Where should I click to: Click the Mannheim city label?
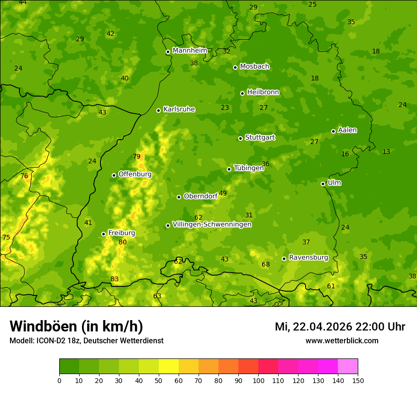coord(190,51)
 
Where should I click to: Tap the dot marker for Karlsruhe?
coord(158,110)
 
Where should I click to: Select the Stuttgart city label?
coord(260,138)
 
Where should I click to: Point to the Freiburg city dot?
coord(103,234)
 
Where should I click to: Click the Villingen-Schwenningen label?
coord(212,224)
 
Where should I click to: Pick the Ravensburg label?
coord(308,258)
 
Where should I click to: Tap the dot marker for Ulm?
coord(323,184)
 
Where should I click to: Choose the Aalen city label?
coord(347,130)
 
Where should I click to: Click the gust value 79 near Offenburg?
coord(136,157)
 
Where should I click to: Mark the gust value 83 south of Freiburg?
coord(115,279)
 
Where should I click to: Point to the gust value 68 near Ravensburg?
coord(266,264)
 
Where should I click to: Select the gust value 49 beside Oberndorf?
coord(223,193)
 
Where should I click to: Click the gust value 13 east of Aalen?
coord(386,152)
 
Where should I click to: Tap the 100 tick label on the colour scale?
coord(258,380)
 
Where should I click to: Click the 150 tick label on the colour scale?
coord(358,380)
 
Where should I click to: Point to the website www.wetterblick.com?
coord(342,340)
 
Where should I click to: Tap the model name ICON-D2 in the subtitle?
coord(53,340)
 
